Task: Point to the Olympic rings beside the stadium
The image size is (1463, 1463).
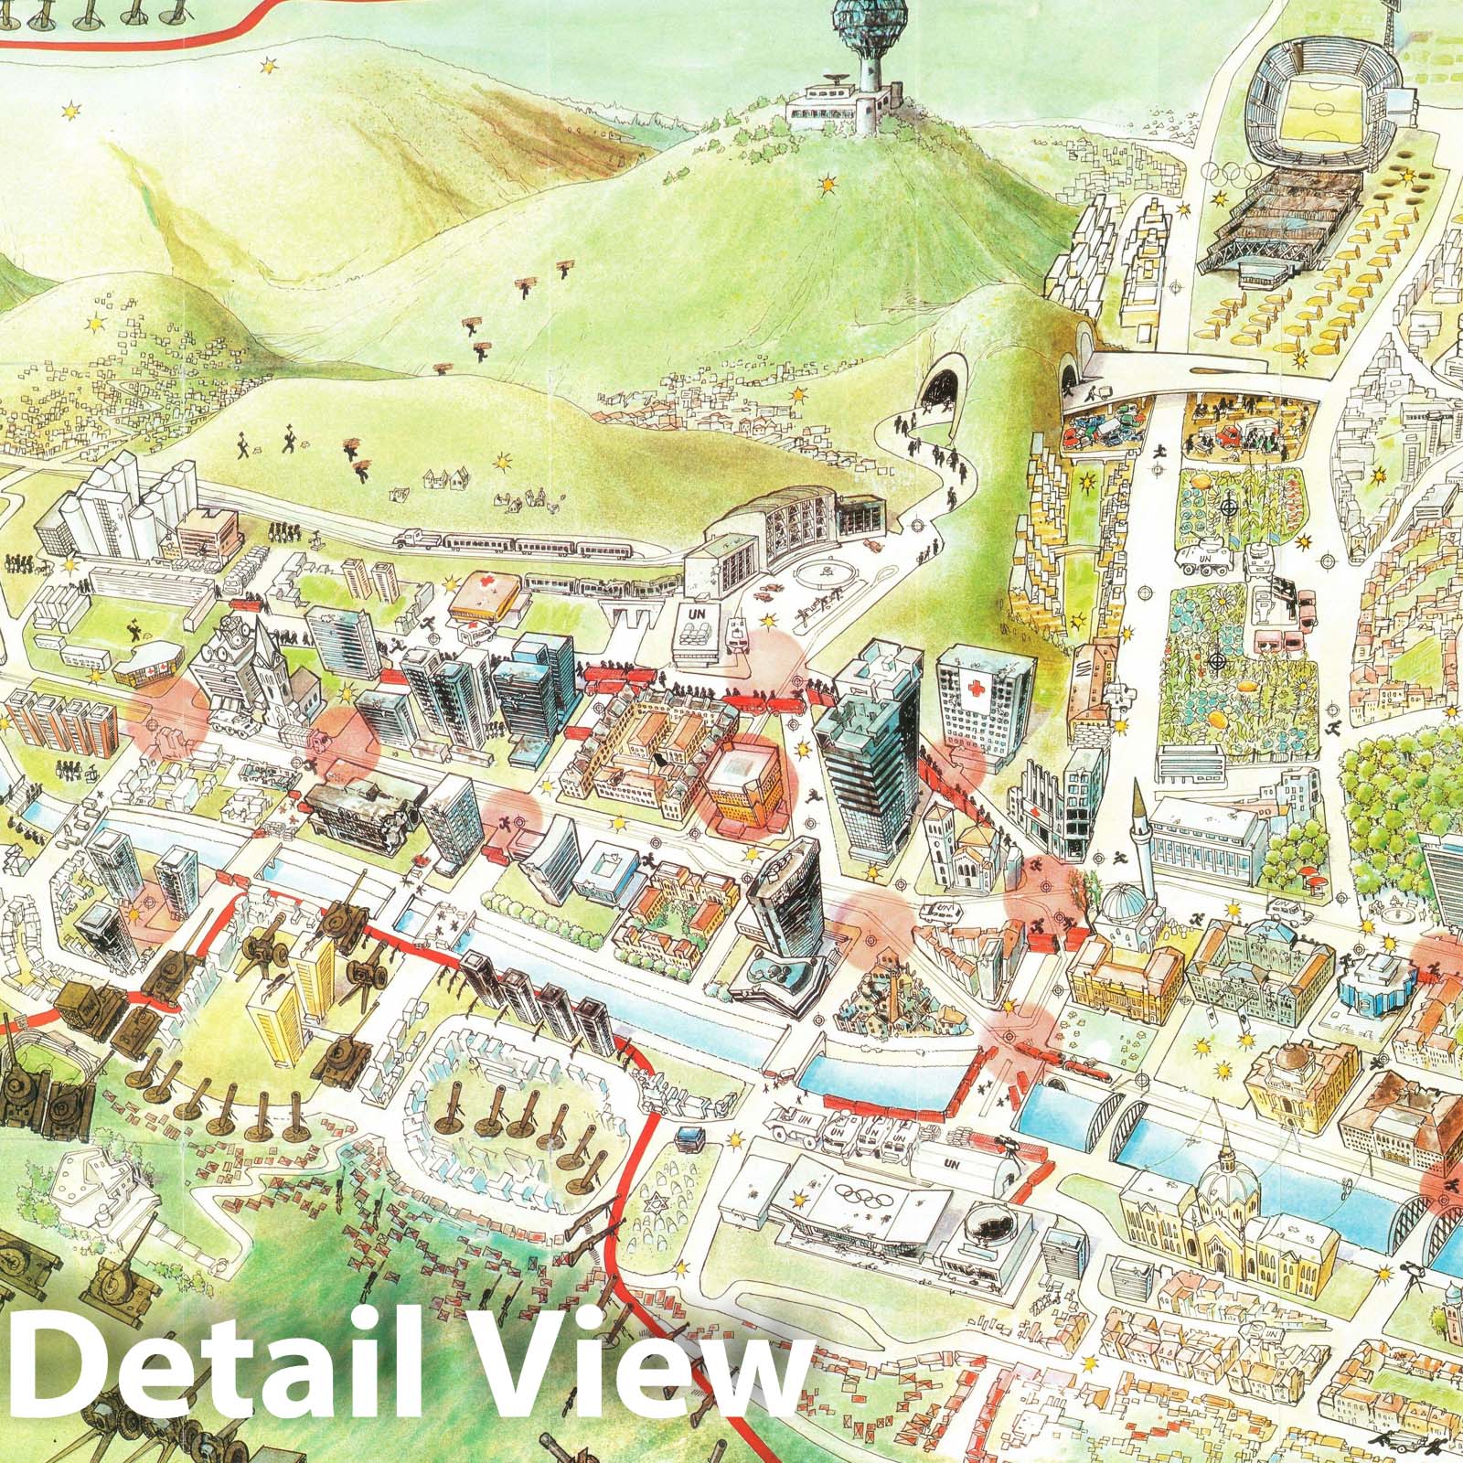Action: [1225, 173]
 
